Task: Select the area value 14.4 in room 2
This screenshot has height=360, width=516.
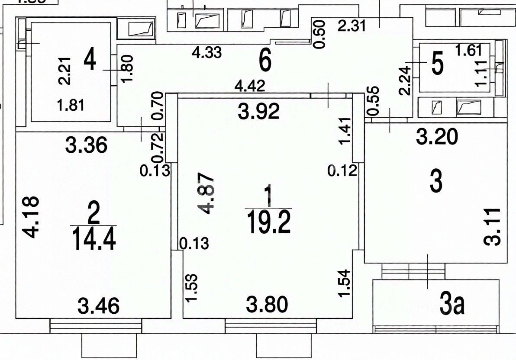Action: (x=94, y=239)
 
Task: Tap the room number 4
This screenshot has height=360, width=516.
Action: (x=90, y=60)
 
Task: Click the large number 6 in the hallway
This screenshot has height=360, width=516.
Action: (x=265, y=61)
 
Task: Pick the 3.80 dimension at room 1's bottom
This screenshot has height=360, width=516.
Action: (x=268, y=306)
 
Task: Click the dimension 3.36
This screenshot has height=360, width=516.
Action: (x=86, y=145)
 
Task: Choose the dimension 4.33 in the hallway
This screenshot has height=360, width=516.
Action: (x=207, y=53)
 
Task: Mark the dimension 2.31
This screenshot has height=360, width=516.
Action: (x=352, y=26)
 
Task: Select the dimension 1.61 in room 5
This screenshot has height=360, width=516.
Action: (x=468, y=51)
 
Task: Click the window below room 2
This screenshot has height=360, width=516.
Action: (x=96, y=325)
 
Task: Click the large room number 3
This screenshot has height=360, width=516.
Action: (x=436, y=182)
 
